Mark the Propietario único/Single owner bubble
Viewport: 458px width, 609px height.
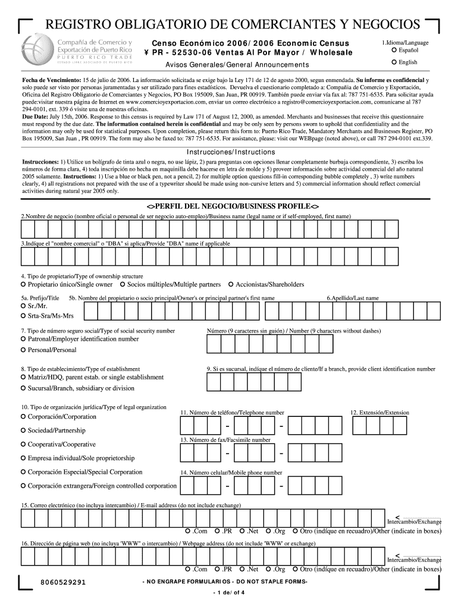point(23,285)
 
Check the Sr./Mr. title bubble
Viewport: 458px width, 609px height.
point(23,306)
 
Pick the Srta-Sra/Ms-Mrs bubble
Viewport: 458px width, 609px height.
point(23,316)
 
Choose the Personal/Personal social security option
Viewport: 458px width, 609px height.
point(23,350)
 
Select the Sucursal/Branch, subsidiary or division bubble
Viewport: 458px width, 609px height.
point(23,388)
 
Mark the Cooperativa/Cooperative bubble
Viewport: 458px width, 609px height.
point(23,445)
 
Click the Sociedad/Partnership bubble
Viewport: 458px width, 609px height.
point(23,431)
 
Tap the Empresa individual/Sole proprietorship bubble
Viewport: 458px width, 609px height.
point(23,459)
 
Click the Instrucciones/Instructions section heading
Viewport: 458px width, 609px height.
point(229,152)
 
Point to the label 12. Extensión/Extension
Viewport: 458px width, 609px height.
point(379,413)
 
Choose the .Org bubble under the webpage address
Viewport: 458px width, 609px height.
point(269,569)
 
